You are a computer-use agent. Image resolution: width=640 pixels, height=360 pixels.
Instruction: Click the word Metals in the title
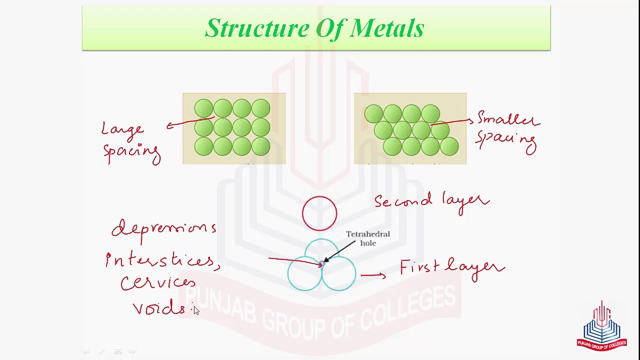point(387,28)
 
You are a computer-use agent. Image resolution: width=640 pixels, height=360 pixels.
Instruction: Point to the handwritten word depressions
point(164,229)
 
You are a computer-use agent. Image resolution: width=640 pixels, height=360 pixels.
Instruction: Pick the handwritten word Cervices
point(157,283)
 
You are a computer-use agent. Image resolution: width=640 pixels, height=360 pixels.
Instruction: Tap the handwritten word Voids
point(159,308)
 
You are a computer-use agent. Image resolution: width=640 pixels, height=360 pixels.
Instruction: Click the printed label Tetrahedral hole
point(368,238)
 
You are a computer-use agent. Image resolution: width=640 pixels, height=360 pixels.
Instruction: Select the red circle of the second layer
point(319,213)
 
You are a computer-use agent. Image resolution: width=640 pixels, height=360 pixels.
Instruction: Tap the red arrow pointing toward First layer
point(373,274)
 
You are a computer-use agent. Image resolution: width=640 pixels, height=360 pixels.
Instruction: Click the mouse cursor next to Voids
point(196,310)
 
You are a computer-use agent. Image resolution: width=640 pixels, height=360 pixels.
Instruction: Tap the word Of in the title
point(328,28)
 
